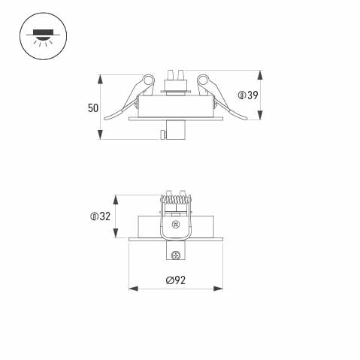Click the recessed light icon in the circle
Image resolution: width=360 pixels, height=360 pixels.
[43, 36]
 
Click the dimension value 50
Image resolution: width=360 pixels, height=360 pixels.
[93, 108]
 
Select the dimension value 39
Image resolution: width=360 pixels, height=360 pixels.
[253, 95]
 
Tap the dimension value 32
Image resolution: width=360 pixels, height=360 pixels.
[105, 216]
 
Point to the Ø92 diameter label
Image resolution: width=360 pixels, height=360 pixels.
[176, 280]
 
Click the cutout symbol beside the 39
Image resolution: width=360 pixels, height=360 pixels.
[241, 95]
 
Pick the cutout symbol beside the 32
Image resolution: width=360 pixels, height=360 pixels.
[94, 216]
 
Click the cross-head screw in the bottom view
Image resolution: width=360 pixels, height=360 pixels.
[176, 256]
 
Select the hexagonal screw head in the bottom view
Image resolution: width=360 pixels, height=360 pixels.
[176, 224]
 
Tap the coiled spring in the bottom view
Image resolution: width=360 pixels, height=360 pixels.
[176, 201]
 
